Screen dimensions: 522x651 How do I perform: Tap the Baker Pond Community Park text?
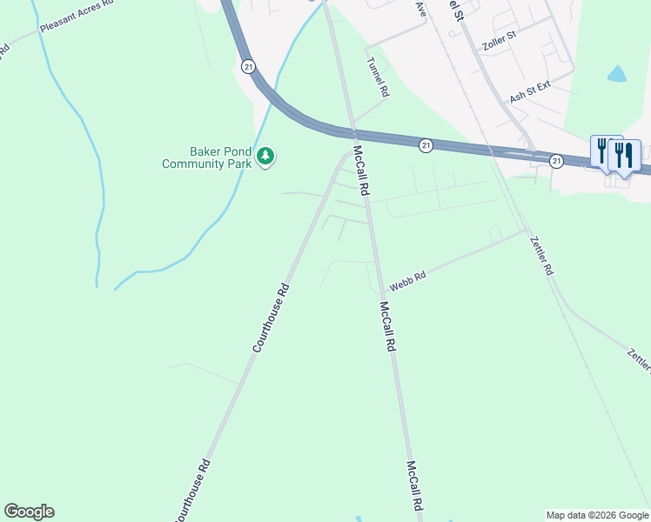point(206,157)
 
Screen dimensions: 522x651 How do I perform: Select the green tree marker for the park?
point(265,157)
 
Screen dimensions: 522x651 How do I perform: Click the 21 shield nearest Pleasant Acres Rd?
point(249,66)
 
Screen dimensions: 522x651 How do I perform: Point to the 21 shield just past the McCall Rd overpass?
point(425,145)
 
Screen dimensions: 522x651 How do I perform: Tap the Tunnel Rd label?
point(378,77)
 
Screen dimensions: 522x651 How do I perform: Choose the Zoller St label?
point(500,39)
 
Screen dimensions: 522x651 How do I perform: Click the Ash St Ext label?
point(530,92)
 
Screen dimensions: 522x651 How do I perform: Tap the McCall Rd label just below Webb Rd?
point(387,326)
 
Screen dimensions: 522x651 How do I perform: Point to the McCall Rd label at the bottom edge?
point(414,491)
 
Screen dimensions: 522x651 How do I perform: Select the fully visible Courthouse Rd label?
point(270,319)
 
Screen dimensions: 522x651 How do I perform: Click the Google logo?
point(29,512)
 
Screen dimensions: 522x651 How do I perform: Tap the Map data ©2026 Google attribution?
point(597,515)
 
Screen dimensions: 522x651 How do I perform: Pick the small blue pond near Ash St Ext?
point(616,74)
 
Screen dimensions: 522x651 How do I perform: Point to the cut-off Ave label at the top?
point(421,9)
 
